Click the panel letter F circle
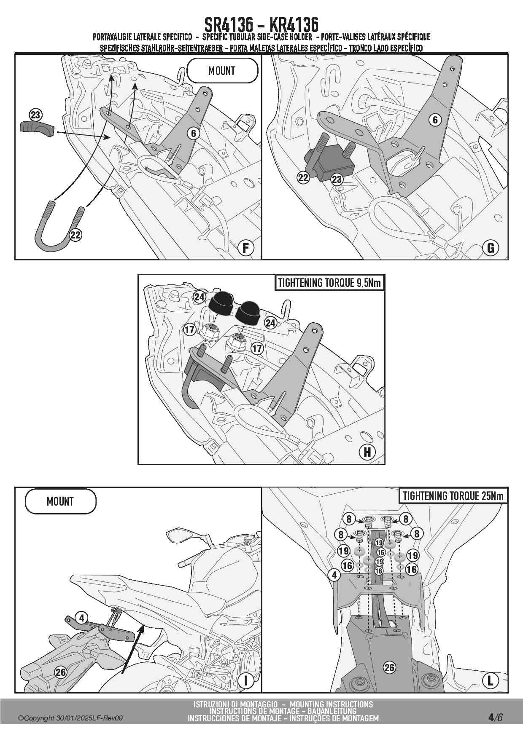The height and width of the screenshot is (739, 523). coord(246,247)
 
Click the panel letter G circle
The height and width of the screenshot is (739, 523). coord(491,248)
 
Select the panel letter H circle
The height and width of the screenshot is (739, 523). coord(367,452)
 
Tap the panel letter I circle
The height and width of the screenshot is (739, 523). coord(246,680)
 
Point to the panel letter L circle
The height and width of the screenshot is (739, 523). coord(491,680)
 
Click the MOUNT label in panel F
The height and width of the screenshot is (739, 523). coord(222,71)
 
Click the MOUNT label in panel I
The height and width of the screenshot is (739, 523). coord(60,501)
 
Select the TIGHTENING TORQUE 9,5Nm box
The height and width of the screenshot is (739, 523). coord(329,283)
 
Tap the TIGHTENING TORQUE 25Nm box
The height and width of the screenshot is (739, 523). coord(453,496)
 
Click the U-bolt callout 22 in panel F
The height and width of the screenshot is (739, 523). coord(75,235)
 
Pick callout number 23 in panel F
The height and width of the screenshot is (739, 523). coord(35,115)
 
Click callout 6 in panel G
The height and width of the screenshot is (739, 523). coord(435,120)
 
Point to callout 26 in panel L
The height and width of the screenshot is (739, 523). coord(389,667)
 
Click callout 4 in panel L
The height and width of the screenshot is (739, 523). coord(334,575)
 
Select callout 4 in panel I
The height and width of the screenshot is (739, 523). coord(82,618)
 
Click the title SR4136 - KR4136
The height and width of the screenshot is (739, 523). coord(261,24)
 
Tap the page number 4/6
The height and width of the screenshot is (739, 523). coord(496,718)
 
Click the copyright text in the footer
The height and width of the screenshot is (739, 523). coord(70,718)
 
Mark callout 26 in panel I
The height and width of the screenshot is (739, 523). coord(61,672)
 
